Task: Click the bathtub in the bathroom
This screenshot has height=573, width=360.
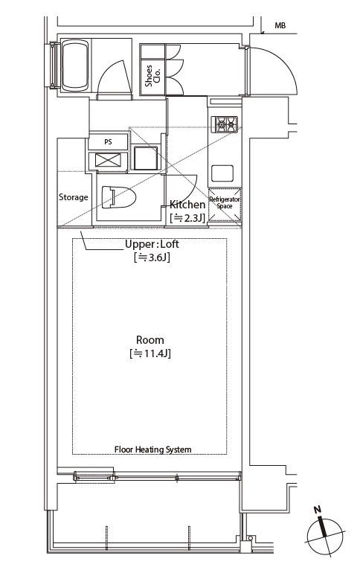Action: (75, 65)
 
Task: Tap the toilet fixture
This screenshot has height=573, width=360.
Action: (118, 197)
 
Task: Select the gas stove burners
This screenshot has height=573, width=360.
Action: (226, 124)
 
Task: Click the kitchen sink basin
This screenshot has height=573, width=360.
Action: (222, 173)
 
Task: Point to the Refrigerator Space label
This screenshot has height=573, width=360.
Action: (224, 203)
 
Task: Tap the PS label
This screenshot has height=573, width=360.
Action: (108, 142)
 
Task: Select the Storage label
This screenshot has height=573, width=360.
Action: (74, 197)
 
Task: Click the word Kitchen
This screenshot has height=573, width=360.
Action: (187, 205)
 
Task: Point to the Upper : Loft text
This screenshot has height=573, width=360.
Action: (152, 244)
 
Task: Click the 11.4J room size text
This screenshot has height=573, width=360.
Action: (150, 353)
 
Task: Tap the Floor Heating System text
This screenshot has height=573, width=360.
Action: (153, 449)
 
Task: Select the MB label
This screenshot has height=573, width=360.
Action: (280, 25)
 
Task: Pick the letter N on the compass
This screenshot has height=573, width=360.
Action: (318, 510)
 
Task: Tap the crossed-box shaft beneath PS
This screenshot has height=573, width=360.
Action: (108, 161)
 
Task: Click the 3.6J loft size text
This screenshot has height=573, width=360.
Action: (152, 257)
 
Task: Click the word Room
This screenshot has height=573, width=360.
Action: (150, 340)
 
